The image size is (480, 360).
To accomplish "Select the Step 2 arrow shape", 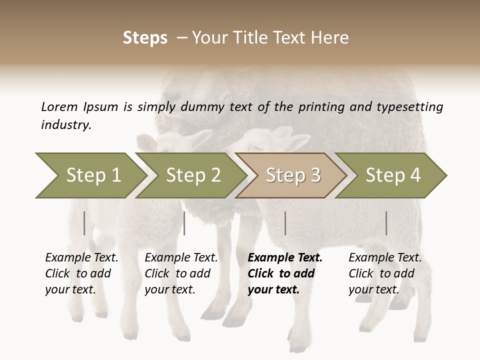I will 192,175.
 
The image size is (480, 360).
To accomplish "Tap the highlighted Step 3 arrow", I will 292,175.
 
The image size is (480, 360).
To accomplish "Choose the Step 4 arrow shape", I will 392,175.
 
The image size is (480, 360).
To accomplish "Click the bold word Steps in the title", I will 145,38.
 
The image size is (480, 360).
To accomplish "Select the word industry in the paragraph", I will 66,124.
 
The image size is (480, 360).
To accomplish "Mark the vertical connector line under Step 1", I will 84,223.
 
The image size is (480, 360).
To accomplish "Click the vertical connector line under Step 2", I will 184,223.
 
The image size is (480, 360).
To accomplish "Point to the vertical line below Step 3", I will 285,223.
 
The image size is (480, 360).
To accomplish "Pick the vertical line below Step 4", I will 386,223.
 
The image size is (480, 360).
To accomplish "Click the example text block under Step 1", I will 81,273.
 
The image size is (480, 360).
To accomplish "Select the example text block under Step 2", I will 181,273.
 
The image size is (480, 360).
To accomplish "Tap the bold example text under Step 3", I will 285,273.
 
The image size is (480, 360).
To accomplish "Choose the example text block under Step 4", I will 385,273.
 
